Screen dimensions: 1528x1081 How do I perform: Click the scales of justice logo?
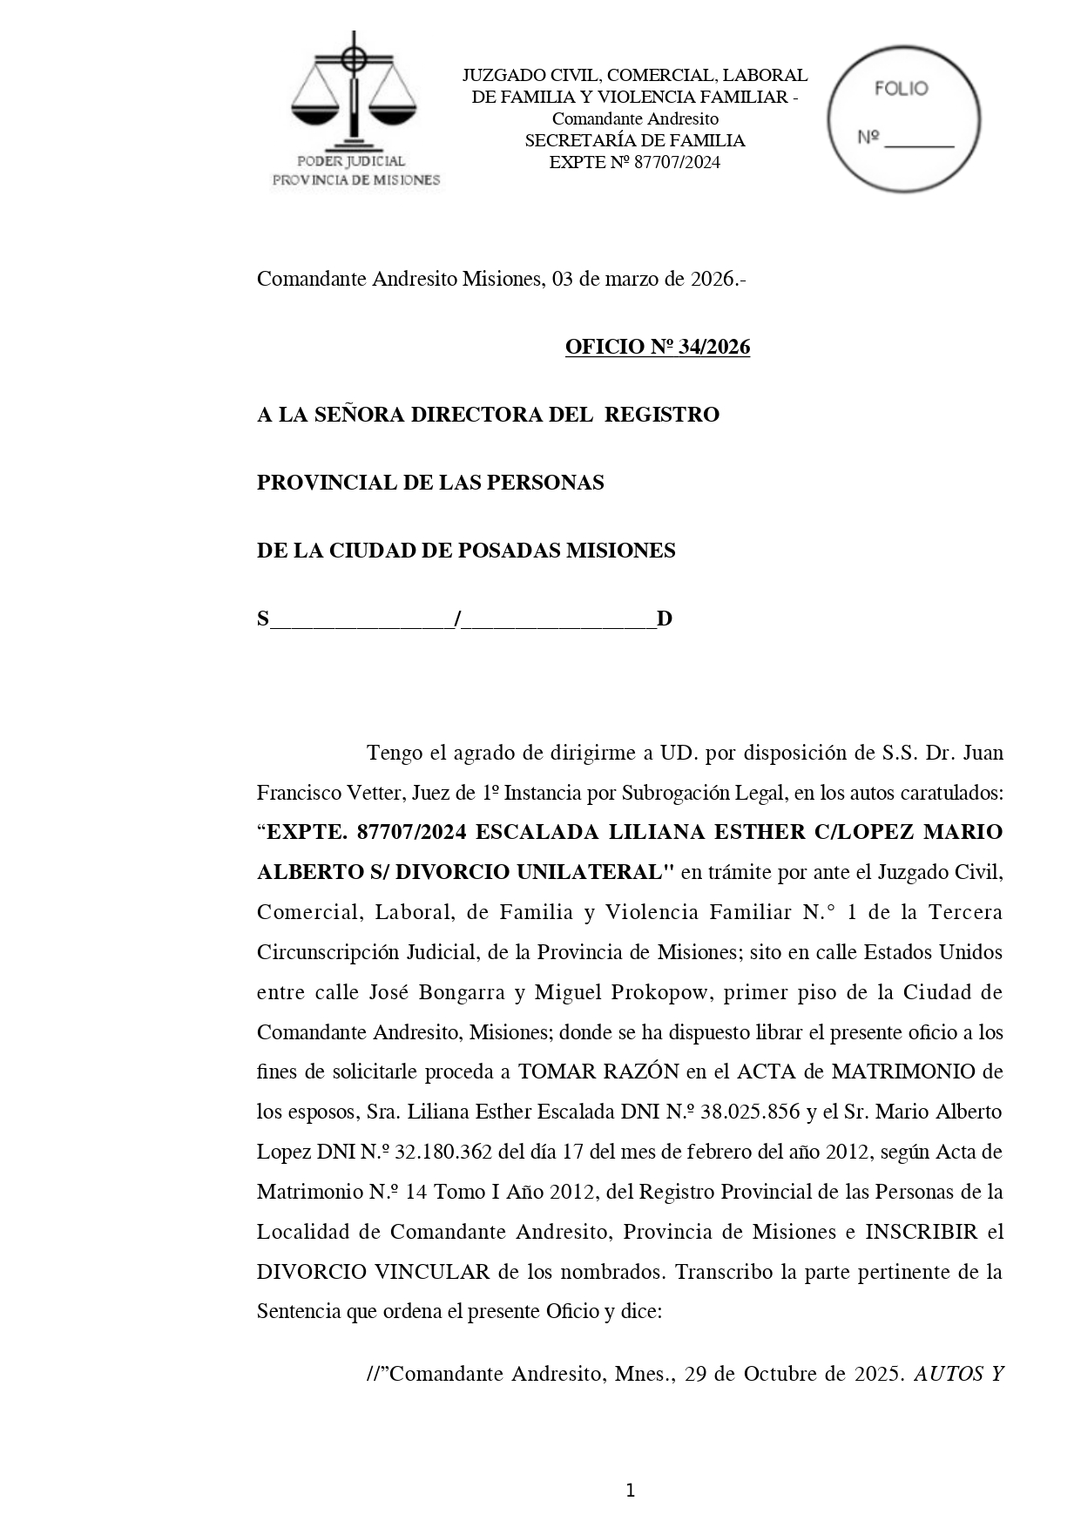(x=353, y=91)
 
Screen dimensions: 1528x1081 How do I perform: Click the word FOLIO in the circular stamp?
(x=901, y=89)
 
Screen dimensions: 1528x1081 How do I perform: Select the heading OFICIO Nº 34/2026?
(x=657, y=347)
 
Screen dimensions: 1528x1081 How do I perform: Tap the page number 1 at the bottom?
(x=630, y=1491)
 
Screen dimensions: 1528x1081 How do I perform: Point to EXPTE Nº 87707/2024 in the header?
(x=634, y=162)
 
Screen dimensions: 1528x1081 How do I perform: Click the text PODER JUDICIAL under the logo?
(x=351, y=161)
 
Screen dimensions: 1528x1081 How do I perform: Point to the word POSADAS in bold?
(x=510, y=551)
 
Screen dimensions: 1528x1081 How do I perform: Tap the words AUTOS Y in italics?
(x=958, y=1374)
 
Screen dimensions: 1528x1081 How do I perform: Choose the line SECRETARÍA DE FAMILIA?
(x=634, y=140)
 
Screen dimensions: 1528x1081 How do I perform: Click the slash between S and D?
(x=458, y=619)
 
